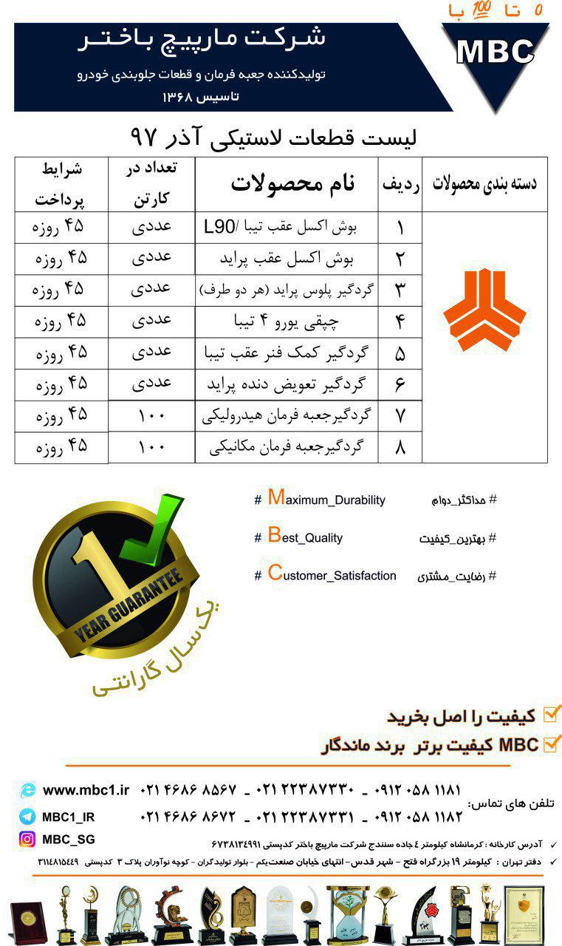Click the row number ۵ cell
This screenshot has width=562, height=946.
400,353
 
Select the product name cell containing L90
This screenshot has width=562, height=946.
287,228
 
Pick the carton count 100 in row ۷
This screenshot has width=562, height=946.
151,416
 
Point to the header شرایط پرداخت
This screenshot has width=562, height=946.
61,185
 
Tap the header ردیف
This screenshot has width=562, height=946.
400,185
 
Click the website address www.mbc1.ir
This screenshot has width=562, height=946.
86,790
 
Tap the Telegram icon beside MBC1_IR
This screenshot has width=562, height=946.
27,817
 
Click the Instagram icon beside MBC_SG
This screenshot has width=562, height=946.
27,840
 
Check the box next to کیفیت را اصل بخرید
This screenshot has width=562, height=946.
552,715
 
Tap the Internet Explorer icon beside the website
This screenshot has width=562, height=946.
28,790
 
